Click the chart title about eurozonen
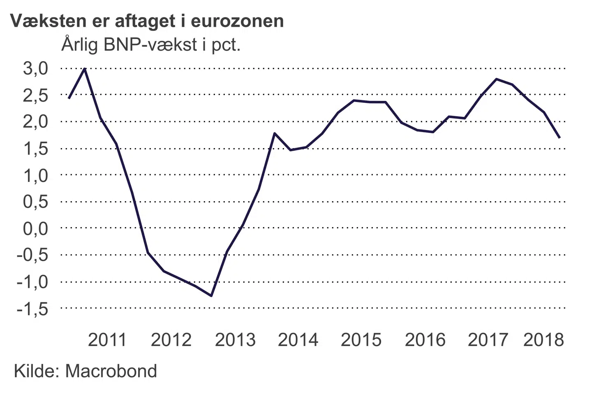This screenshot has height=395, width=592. (x=147, y=21)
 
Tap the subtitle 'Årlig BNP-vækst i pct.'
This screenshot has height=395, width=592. (x=151, y=44)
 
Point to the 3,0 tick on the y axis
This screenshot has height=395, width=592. (x=36, y=68)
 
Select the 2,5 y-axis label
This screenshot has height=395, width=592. (x=36, y=95)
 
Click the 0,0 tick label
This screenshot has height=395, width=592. (x=36, y=228)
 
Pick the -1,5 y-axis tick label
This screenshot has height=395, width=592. (x=32, y=309)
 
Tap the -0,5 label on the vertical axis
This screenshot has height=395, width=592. (x=32, y=255)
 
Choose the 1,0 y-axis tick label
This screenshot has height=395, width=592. (x=36, y=176)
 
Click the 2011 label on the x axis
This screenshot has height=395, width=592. (x=107, y=340)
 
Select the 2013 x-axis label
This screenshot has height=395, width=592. (x=235, y=340)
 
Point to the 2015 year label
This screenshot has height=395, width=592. (x=361, y=340)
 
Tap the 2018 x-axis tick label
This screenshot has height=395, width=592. (x=543, y=340)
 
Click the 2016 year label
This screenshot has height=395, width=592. (x=425, y=340)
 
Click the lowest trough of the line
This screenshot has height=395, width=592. (x=211, y=295)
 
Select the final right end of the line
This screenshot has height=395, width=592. (x=560, y=137)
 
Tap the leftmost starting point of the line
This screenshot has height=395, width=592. (x=69, y=98)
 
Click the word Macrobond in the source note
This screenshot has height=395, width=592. (x=111, y=371)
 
